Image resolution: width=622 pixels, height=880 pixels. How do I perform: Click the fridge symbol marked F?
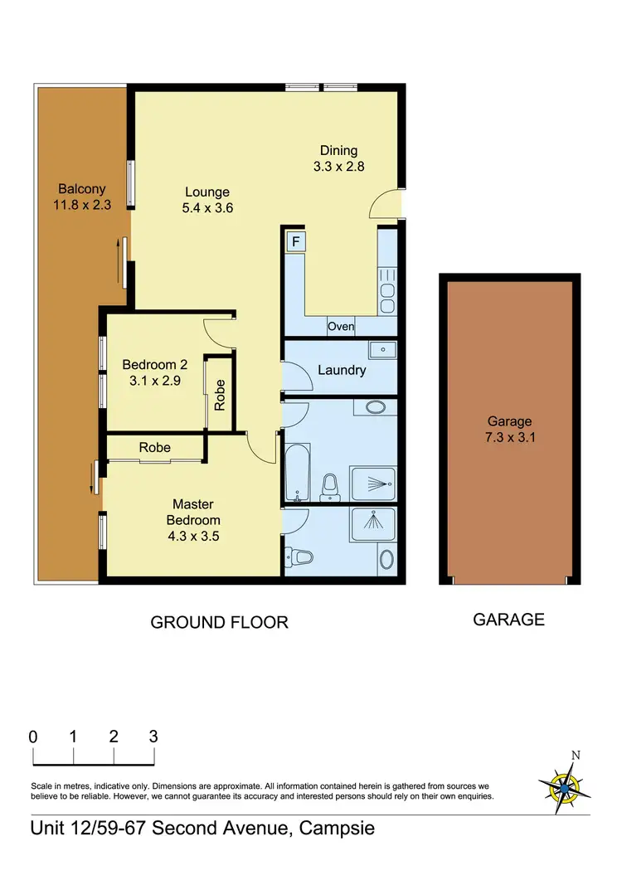294,242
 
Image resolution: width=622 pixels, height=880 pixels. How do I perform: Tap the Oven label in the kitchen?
340,327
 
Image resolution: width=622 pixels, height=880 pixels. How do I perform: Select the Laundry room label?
341,370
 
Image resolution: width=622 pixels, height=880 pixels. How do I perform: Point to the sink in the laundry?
382,350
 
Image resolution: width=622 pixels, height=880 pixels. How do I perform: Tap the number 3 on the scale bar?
153,737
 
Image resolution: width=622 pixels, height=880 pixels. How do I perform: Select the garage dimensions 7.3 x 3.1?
508,438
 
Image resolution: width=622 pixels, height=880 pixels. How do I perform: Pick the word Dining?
338,150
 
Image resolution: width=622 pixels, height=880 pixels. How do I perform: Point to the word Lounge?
207,192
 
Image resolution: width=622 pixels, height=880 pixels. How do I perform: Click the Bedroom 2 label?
154,364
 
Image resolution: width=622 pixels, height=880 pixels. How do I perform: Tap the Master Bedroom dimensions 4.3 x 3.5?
192,536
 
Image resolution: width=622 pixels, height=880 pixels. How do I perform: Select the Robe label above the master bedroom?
154,447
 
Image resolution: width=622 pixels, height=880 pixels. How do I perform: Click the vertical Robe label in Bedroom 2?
220,395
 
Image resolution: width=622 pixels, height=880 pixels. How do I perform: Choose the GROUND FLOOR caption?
219,622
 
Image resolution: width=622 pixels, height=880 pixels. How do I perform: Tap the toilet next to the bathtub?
330,488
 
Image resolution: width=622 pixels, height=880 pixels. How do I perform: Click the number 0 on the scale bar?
33,737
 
